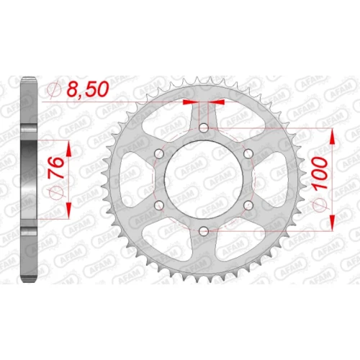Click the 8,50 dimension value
[87, 89]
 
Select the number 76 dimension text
[57, 168]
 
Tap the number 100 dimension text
[320, 173]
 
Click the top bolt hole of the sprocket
[204, 127]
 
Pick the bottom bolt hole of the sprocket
[204, 231]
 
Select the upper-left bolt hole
[159, 153]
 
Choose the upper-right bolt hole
[248, 153]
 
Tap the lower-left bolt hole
[159, 205]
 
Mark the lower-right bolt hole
[248, 205]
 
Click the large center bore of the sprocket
[204, 179]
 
